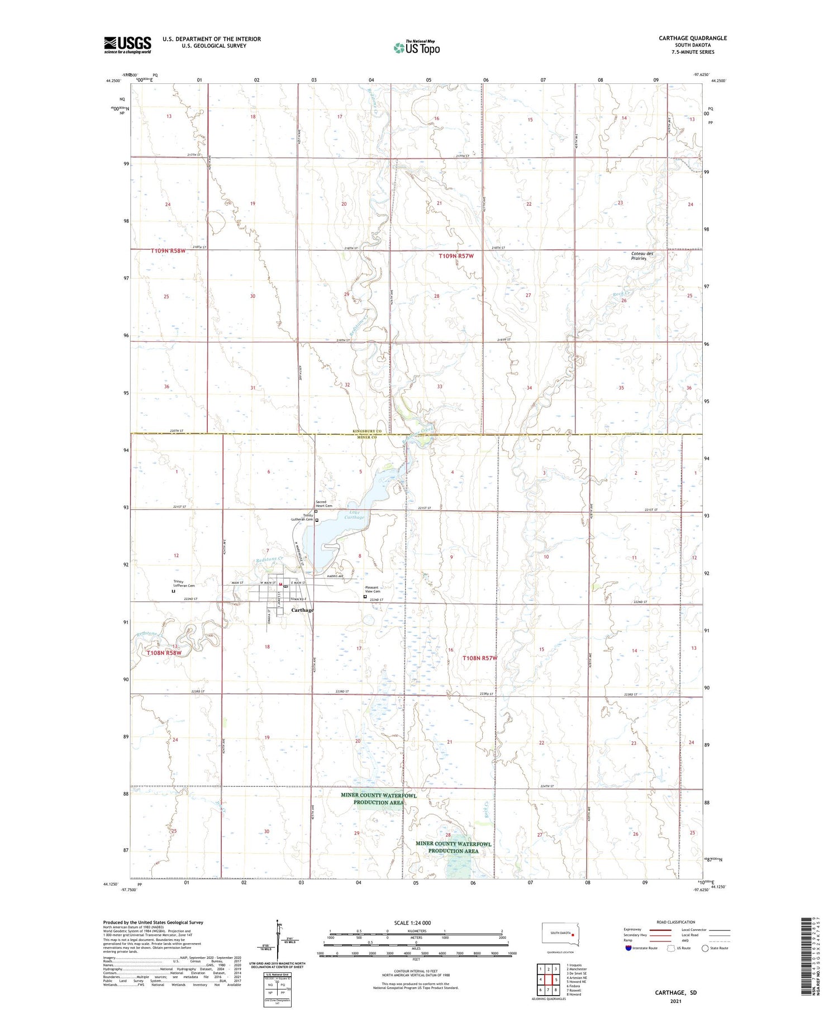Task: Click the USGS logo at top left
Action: coord(127,45)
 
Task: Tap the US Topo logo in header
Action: coord(417,48)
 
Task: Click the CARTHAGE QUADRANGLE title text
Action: coord(693,38)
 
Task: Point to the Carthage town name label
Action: coord(302,610)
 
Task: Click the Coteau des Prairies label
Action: coord(642,256)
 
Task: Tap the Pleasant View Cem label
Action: coord(372,589)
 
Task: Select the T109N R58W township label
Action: coord(168,251)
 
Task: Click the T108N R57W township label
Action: coord(479,658)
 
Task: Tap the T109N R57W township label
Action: coord(456,256)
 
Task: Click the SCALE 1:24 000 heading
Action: coord(416,922)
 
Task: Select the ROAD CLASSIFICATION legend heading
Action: coord(676,922)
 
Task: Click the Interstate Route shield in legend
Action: coord(628,948)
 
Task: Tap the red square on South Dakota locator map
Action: coord(573,934)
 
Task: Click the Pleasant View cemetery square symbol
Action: coord(365,597)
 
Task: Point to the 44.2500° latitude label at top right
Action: coord(718,81)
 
